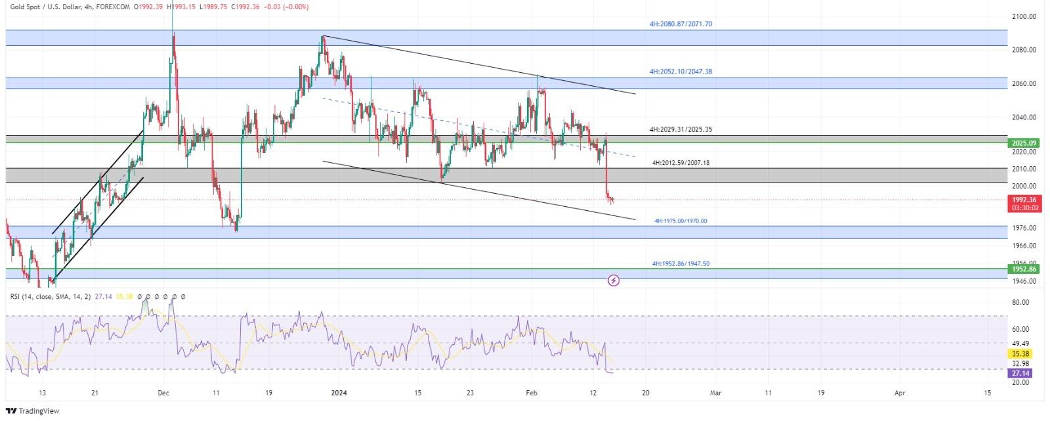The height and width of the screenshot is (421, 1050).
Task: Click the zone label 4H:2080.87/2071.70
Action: (x=681, y=24)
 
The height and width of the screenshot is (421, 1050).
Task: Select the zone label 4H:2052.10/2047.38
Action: (x=681, y=72)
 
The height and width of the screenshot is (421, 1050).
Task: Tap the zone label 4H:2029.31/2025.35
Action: (x=681, y=130)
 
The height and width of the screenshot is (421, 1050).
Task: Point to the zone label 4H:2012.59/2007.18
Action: (x=681, y=163)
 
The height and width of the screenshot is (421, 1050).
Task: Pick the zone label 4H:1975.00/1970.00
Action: (x=681, y=221)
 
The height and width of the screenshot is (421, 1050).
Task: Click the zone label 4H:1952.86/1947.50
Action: (x=681, y=264)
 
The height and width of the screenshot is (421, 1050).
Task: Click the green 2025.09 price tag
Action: (x=1024, y=143)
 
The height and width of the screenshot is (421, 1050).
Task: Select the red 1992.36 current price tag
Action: (x=1024, y=200)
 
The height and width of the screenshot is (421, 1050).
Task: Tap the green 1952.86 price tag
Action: (x=1024, y=269)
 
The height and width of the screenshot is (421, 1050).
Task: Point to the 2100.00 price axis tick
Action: (x=1024, y=16)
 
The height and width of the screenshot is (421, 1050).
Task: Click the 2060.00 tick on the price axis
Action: (x=1024, y=84)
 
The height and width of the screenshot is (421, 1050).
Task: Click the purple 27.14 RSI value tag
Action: (x=1020, y=373)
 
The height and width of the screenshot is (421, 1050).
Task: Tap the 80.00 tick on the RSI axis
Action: (x=1020, y=303)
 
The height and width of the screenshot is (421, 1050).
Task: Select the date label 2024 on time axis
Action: (x=339, y=393)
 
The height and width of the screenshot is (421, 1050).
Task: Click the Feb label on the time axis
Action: (x=532, y=393)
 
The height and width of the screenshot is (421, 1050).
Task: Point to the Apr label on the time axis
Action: (x=900, y=393)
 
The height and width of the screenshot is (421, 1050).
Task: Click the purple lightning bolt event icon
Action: (x=614, y=281)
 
